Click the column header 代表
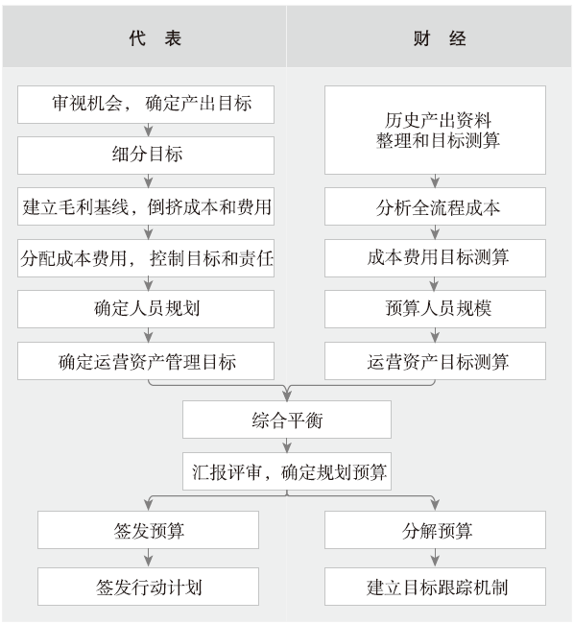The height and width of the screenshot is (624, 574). [155, 38]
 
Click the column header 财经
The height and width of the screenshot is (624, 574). [440, 38]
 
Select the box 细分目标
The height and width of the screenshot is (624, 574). [146, 156]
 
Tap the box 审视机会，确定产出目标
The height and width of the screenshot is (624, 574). [146, 105]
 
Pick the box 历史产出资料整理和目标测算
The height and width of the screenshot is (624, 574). [435, 130]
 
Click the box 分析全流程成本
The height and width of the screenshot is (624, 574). [435, 206]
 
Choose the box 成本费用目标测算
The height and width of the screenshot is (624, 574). [435, 258]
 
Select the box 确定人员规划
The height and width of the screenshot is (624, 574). [146, 309]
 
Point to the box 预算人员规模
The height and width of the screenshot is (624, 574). [435, 309]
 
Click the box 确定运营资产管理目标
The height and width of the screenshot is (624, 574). [146, 361]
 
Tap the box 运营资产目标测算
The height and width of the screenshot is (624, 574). [435, 361]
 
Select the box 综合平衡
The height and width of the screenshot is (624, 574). [287, 420]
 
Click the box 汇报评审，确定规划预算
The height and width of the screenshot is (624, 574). [287, 471]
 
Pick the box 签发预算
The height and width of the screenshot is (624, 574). [149, 530]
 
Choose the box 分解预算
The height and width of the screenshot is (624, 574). [435, 530]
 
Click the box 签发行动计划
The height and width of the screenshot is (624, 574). [149, 587]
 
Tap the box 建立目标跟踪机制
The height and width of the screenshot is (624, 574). [435, 587]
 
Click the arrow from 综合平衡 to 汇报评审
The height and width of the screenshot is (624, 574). [287, 445]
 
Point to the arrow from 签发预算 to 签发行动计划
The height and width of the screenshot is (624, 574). [149, 559]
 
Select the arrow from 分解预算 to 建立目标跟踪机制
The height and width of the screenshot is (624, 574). [435, 559]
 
